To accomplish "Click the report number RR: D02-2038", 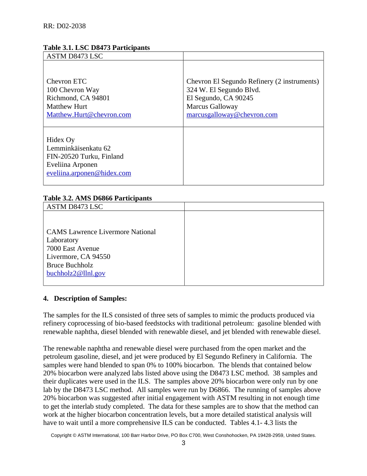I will (65, 26).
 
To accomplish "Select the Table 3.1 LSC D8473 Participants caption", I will (96, 48).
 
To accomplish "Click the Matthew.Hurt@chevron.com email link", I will (88, 115).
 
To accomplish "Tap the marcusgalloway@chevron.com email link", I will (232, 115).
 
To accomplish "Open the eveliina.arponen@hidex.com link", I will (88, 173).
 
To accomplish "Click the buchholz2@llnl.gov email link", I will (76, 273).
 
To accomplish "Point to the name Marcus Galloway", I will (212, 106).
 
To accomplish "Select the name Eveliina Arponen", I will (72, 164).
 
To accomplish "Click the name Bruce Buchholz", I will (70, 265).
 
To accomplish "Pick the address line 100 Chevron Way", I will (73, 90).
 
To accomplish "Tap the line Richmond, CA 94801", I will (78, 98).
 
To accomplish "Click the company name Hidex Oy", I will (61, 140).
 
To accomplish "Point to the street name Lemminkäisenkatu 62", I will (78, 148).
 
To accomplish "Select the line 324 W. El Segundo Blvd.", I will (223, 90).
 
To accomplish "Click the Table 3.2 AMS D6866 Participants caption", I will (97, 198).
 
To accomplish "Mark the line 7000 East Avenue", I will (73, 248).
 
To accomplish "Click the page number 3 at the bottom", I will (183, 443).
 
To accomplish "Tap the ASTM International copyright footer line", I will (183, 435).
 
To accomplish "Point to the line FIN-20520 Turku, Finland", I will (85, 156).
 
